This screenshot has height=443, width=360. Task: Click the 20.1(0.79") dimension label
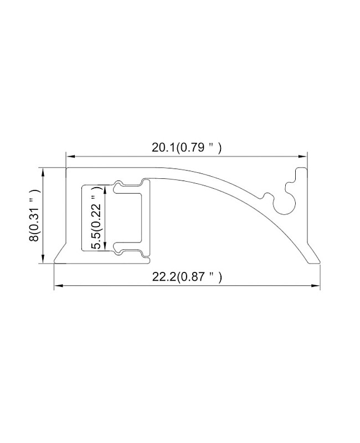coord(186,147)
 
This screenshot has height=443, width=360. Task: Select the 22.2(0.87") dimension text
coord(187,277)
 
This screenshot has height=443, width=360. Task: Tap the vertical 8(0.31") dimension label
coord(34,215)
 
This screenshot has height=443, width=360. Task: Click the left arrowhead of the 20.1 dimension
coord(70,156)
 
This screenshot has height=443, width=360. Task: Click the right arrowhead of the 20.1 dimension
coord(302,156)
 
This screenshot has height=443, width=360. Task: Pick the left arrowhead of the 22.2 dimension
coord(58,286)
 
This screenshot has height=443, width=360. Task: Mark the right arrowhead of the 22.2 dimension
coord(316,286)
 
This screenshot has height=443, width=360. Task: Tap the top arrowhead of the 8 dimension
coord(43,172)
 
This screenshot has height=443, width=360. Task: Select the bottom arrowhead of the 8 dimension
coord(43,259)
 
